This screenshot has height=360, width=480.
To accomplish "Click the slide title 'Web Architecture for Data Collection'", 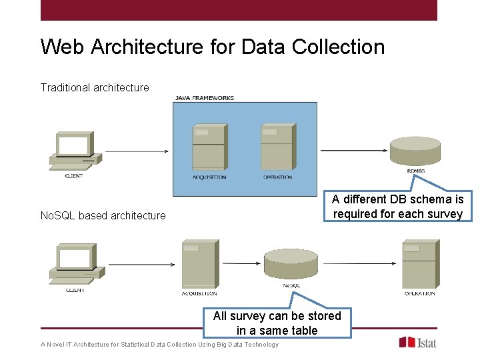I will pyautogui.click(x=213, y=47).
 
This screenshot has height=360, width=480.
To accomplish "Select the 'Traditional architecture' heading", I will pyautogui.click(x=95, y=87).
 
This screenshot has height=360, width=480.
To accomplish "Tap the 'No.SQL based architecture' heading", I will pyautogui.click(x=103, y=215).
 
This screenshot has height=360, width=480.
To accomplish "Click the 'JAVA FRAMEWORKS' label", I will pyautogui.click(x=205, y=98).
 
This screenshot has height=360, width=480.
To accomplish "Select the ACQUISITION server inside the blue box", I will pyautogui.click(x=208, y=147).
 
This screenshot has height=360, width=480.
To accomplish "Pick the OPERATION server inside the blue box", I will pyautogui.click(x=277, y=147).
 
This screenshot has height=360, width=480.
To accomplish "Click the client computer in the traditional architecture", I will pyautogui.click(x=75, y=151).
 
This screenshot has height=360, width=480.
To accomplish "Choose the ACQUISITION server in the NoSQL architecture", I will pyautogui.click(x=199, y=265).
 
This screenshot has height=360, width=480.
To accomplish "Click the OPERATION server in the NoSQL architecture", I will pyautogui.click(x=419, y=265).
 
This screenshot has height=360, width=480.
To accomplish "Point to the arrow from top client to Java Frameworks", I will pyautogui.click(x=137, y=151).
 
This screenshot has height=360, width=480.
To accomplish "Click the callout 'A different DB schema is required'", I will pyautogui.click(x=398, y=207).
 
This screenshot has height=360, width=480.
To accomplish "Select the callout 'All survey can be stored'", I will pyautogui.click(x=277, y=323).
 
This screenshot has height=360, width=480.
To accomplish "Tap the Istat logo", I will pyautogui.click(x=417, y=342).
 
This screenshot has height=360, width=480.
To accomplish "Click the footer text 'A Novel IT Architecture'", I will pyautogui.click(x=159, y=345).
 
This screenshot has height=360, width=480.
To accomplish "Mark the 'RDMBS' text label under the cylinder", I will pyautogui.click(x=415, y=171).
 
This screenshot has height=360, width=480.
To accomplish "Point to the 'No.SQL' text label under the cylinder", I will pyautogui.click(x=291, y=285).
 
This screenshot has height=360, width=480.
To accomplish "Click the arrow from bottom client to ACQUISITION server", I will pyautogui.click(x=141, y=265).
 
